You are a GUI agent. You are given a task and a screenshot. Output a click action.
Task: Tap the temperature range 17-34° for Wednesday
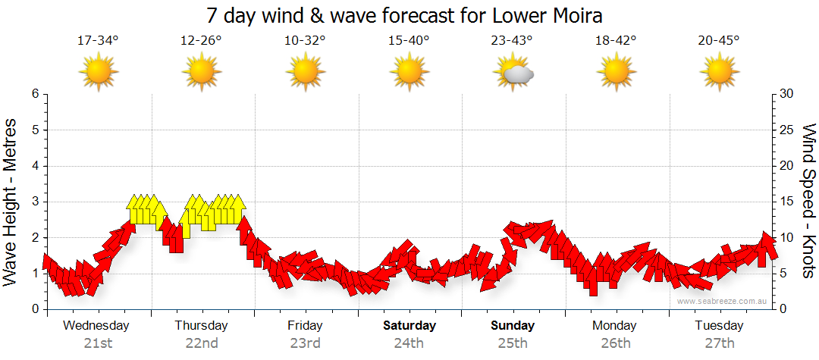[98, 41]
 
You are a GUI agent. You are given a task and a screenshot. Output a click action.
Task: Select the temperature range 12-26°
[201, 41]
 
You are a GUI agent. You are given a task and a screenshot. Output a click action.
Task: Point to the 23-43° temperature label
[512, 41]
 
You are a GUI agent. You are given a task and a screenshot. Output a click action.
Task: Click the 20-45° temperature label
[719, 41]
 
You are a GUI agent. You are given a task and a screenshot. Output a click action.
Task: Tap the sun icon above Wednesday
[99, 72]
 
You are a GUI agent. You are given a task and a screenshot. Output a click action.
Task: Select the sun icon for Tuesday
[719, 72]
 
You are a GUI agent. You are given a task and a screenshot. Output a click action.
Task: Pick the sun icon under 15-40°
[409, 72]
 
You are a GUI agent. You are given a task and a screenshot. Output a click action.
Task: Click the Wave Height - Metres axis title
[12, 202]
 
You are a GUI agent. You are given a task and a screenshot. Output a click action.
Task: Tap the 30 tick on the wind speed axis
[786, 94]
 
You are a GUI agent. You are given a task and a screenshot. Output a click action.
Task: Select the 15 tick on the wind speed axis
[786, 202]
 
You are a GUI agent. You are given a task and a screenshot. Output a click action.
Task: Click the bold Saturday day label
[409, 326]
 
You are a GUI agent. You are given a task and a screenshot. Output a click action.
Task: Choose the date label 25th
[513, 343]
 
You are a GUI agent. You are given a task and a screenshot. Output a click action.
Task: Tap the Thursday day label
[201, 326]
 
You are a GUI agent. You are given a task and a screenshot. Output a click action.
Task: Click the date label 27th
[719, 343]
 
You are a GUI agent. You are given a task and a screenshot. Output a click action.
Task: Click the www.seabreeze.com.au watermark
[723, 301]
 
